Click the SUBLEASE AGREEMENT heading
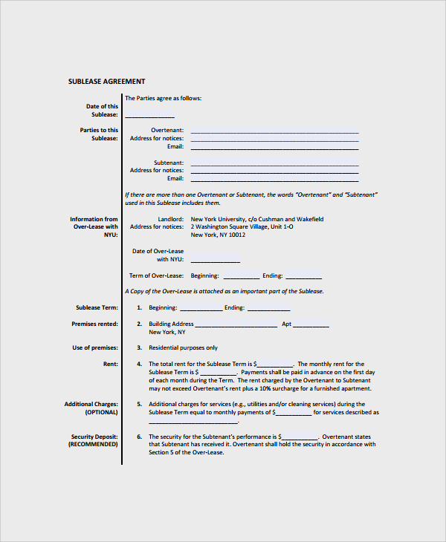106,82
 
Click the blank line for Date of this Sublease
149,117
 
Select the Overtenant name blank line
274,131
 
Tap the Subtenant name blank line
274,164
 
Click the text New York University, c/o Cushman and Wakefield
257,219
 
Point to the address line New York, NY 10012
218,235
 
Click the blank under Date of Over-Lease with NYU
216,261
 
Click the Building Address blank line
236,326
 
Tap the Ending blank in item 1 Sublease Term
268,310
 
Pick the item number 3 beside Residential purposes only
139,347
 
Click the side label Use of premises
95,347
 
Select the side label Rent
110,364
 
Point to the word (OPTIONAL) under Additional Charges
101,412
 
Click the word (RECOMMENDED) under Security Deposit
93,444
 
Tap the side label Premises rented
94,324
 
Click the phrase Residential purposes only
183,347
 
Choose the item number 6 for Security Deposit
139,437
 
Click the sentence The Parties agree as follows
163,98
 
